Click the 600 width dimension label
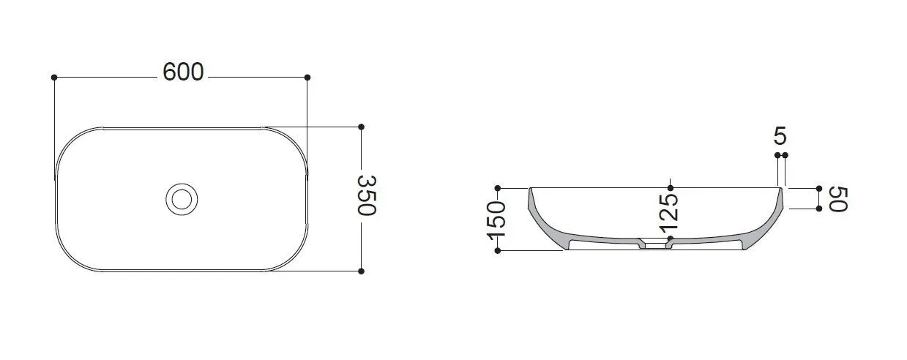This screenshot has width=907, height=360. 183,72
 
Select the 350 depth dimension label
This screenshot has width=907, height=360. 367,195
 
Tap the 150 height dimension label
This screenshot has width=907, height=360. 496,220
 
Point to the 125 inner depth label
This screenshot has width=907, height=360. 668,213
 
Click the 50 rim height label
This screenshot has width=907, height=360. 838,199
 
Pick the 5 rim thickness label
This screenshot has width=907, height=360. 780,135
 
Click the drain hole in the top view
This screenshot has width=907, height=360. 182,199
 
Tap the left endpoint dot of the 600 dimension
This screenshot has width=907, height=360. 54,78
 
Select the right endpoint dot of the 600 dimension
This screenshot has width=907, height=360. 307,78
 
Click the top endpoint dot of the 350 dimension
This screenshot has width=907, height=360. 362,127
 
